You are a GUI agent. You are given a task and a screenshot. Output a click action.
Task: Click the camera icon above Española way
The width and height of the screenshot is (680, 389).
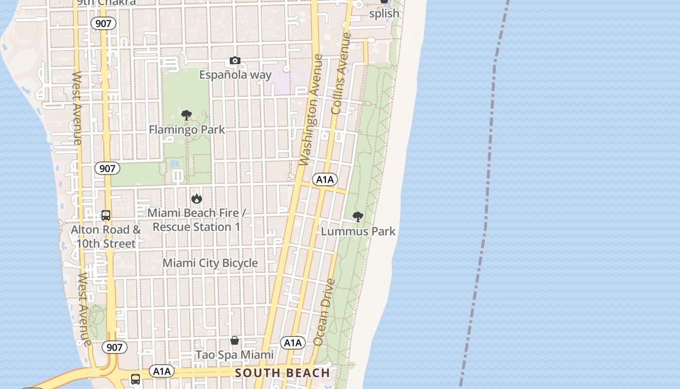point(235,61)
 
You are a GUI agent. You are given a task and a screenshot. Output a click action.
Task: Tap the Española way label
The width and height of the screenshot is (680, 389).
point(236,75)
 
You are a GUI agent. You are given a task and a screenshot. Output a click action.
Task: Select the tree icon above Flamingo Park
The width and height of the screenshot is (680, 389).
point(186,115)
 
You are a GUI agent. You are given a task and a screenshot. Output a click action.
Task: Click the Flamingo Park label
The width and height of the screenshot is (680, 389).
point(187,129)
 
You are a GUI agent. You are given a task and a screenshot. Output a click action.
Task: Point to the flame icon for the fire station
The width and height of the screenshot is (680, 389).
point(196,198)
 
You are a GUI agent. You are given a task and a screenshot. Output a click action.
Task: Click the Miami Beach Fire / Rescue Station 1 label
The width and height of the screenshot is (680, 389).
point(196,220)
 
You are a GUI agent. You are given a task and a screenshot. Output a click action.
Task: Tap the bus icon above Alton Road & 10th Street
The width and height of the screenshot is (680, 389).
point(106,215)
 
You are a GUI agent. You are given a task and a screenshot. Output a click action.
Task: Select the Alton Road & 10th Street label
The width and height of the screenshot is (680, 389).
point(106,236)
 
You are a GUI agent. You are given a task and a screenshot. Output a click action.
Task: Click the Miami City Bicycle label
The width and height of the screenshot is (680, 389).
point(210,263)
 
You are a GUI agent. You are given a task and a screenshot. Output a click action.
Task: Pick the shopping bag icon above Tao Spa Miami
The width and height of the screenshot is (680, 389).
point(235,340)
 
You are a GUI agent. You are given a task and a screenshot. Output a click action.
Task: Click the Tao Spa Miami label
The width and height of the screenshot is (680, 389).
point(235,354)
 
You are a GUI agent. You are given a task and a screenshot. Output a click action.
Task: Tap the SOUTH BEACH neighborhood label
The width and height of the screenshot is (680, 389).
point(282,373)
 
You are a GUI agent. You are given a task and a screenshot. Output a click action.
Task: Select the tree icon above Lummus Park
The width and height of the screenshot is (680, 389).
point(358,217)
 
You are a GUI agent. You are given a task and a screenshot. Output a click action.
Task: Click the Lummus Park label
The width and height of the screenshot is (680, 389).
point(358,231)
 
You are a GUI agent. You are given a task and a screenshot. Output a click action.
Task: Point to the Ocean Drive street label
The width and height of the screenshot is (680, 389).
point(324,312)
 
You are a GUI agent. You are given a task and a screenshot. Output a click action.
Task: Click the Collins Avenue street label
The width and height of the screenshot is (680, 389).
point(340,73)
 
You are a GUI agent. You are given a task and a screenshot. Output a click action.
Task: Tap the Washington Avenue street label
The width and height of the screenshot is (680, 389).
point(311,110)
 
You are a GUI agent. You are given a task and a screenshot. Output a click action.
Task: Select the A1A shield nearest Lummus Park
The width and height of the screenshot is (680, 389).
point(324,179)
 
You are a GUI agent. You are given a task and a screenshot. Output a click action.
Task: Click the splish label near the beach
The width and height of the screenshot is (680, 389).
point(384,14)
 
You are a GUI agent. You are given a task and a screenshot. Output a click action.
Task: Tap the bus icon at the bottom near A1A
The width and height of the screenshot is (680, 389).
point(136,379)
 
